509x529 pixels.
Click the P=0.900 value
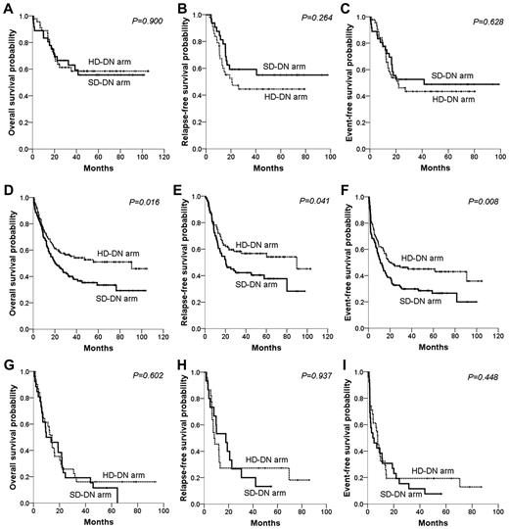click(x=144, y=19)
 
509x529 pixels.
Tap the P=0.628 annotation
click(x=480, y=19)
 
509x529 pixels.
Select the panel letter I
click(x=350, y=360)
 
